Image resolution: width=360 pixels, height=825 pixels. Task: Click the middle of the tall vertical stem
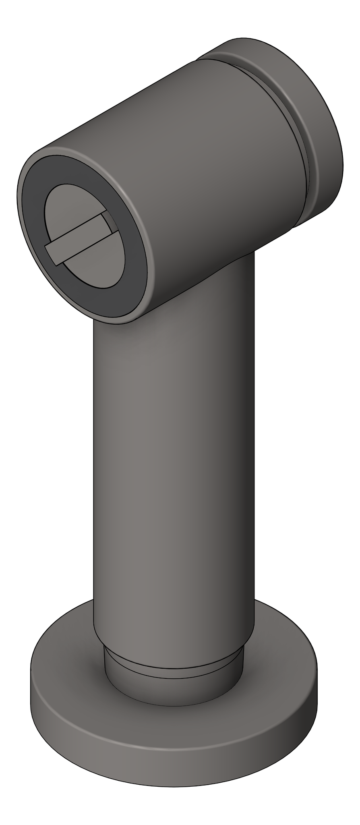click(x=173, y=463)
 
